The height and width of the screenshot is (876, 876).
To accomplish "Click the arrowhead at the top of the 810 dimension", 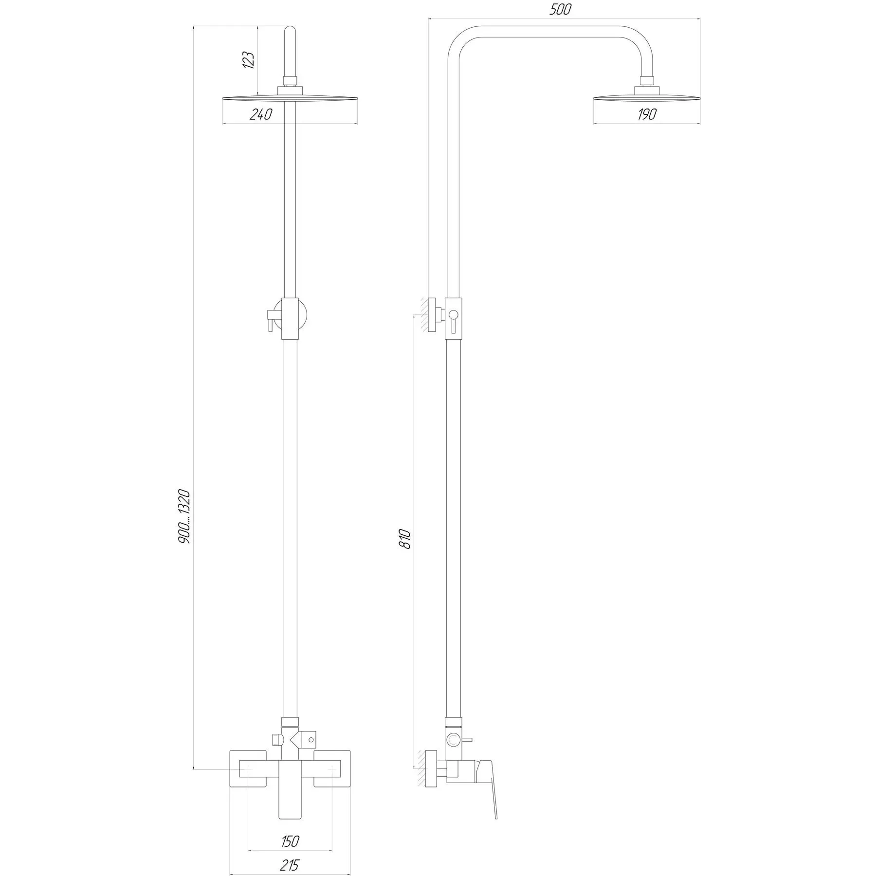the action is [x=414, y=315].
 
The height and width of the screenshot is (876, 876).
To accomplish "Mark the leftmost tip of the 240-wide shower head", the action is [x=223, y=99].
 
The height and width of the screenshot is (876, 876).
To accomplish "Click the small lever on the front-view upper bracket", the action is [x=269, y=319].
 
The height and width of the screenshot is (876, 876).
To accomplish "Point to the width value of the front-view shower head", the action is [x=261, y=115].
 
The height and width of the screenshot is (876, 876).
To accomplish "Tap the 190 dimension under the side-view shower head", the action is [x=647, y=114].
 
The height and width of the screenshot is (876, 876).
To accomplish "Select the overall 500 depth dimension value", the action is [x=560, y=10].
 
